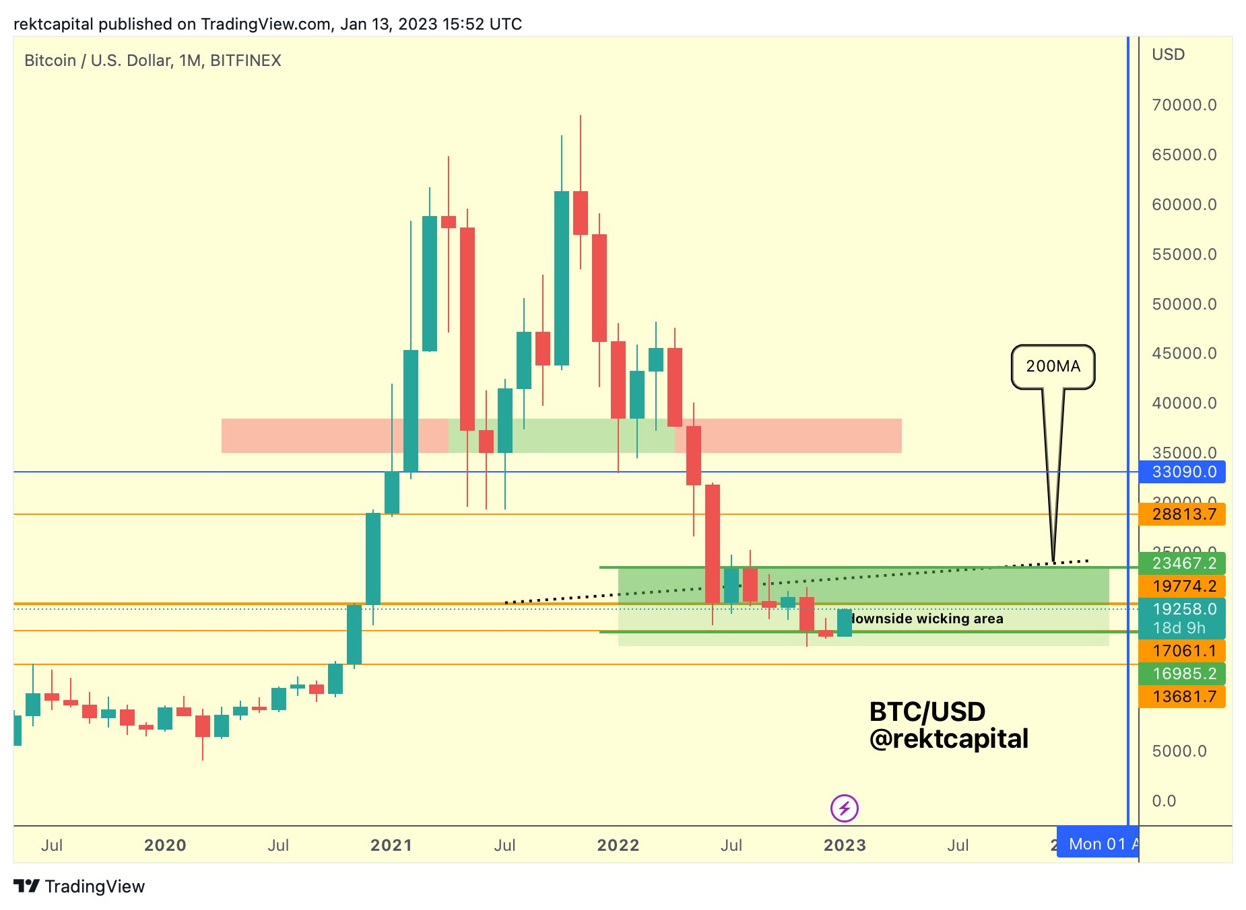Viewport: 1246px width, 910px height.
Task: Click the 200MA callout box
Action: [x=1053, y=367]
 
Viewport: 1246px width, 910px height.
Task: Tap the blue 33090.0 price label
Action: [x=1182, y=472]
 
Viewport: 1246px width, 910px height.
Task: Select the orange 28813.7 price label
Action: [x=1182, y=515]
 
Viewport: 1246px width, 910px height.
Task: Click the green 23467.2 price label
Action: [x=1182, y=563]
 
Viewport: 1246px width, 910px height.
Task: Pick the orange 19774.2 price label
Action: [x=1182, y=586]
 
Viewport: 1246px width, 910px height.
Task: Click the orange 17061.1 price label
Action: [x=1182, y=651]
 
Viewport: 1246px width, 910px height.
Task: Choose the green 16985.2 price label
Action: [x=1182, y=674]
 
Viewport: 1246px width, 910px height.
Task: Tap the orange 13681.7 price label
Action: [x=1182, y=697]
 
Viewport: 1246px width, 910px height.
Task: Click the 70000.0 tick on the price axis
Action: [x=1184, y=105]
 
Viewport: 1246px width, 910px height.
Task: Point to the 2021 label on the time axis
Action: [x=391, y=845]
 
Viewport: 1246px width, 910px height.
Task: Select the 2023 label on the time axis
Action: [x=845, y=845]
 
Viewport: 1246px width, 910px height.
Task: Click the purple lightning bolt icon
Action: [x=845, y=808]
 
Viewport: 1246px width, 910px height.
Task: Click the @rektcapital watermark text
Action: [x=948, y=739]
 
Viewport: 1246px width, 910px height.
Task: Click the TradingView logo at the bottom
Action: [x=79, y=886]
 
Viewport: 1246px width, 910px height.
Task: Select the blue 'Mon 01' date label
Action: [x=1097, y=844]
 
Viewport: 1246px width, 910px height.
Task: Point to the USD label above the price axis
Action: [x=1168, y=55]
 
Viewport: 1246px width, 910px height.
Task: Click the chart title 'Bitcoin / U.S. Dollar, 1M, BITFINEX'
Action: [x=153, y=61]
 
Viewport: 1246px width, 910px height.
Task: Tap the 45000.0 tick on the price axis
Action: [x=1184, y=353]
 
